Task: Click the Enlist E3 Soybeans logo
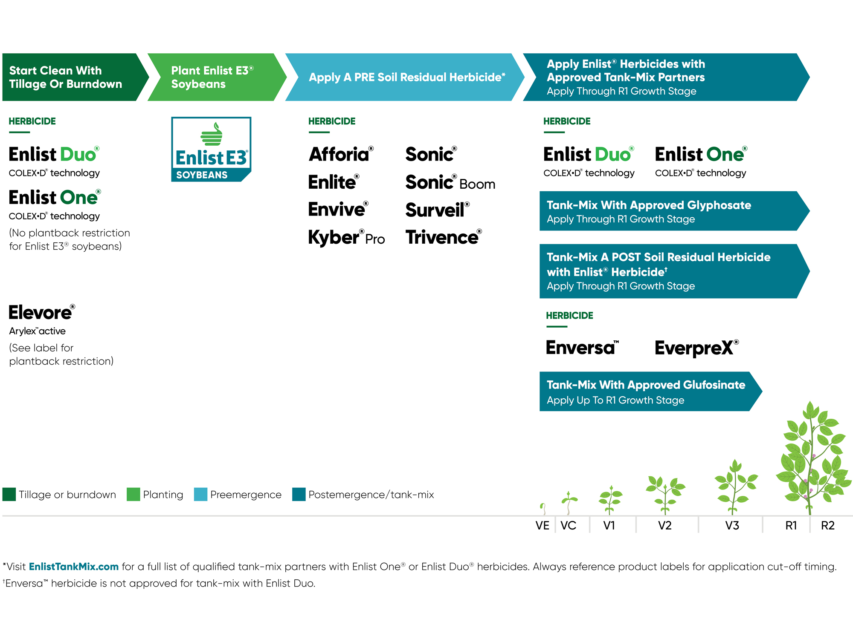211,149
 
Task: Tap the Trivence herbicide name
444,237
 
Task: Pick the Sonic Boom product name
450,182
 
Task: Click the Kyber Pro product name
346,238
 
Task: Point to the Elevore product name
42,312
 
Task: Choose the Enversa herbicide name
582,348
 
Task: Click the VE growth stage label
542,526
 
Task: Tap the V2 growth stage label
664,526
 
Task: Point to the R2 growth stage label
827,526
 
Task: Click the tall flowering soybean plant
812,458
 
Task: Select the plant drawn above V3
735,487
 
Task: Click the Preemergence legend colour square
200,494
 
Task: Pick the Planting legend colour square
133,494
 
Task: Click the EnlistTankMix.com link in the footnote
74,567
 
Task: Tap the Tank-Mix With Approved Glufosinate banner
650,391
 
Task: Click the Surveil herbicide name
438,210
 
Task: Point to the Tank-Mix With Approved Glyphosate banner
674,211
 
